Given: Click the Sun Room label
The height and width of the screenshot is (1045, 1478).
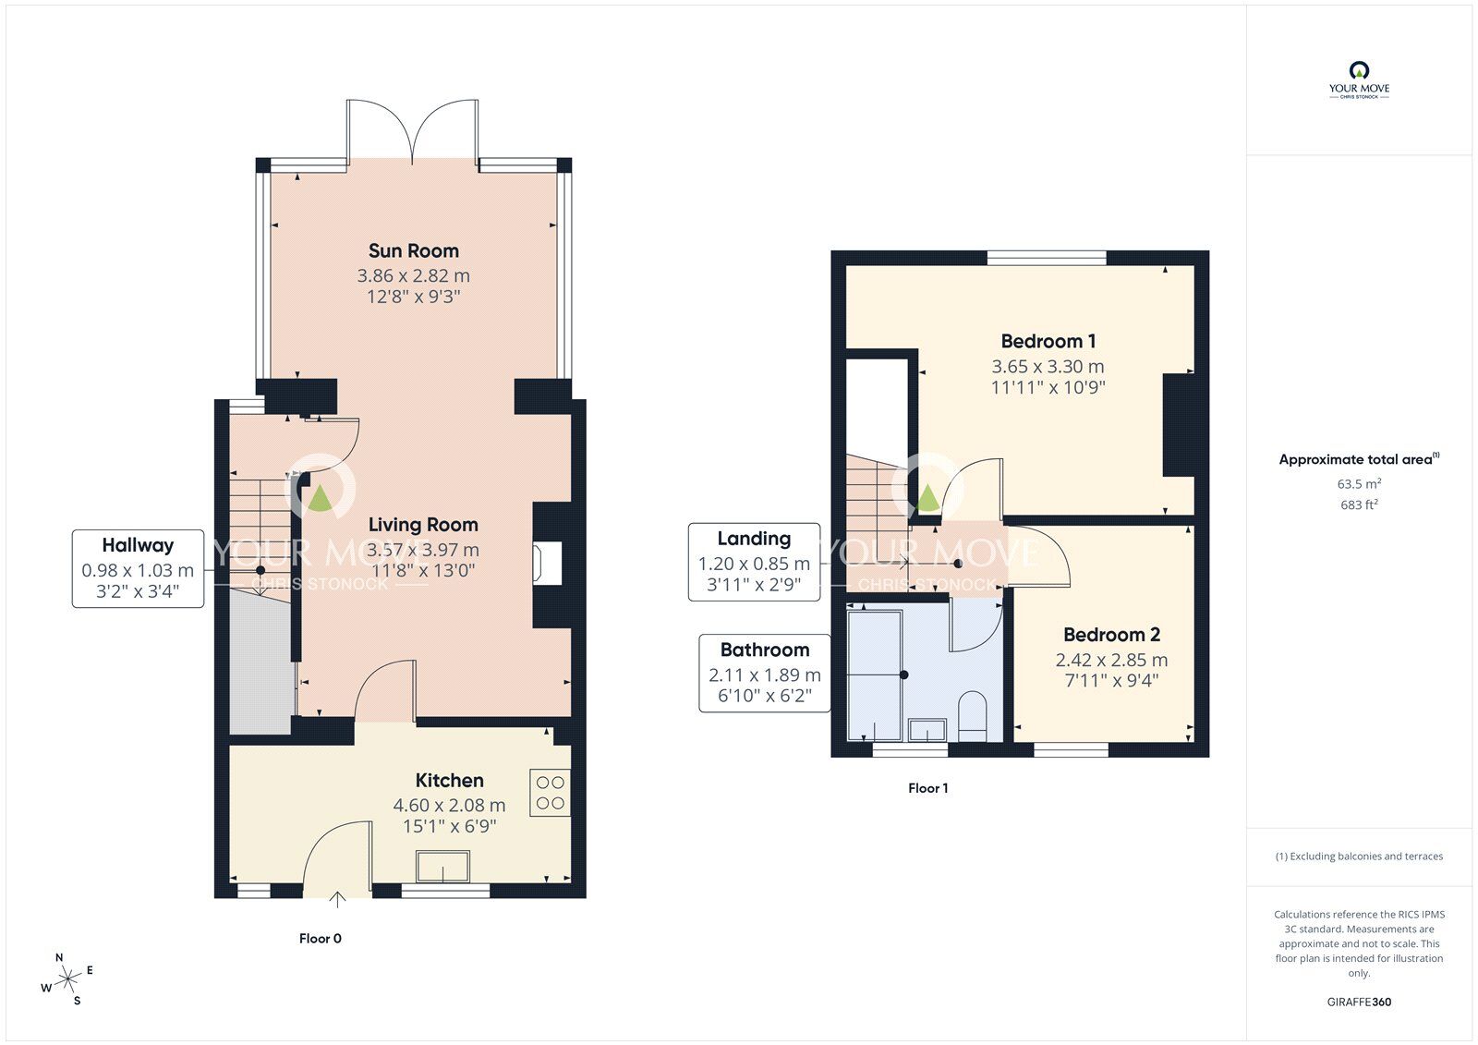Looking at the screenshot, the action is click(x=414, y=250).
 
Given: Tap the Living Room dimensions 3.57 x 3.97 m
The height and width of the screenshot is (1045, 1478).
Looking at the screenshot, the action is click(x=423, y=549).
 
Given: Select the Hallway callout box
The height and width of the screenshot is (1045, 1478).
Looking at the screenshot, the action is click(x=138, y=568).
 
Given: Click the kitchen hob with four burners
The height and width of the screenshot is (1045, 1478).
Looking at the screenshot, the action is click(x=550, y=793).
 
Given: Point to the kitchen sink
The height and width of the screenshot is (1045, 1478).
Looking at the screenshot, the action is click(x=442, y=867).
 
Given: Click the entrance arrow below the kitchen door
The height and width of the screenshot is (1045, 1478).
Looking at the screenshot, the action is click(x=337, y=900).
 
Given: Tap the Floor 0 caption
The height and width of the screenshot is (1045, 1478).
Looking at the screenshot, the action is click(x=320, y=938).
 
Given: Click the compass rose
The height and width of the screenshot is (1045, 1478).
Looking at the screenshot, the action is click(x=67, y=979).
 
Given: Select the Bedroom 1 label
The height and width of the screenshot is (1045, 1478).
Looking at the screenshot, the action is click(x=1048, y=341).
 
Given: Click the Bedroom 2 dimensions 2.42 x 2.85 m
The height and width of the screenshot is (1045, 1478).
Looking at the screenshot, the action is click(x=1112, y=660).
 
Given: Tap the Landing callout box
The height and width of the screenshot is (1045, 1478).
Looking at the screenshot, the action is click(x=754, y=562).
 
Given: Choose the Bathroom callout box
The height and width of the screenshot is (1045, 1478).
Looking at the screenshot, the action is click(x=765, y=674).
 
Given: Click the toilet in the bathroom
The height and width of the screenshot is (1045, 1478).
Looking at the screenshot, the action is click(x=972, y=715).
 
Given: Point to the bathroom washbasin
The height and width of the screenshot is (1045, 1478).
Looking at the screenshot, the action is click(x=927, y=730).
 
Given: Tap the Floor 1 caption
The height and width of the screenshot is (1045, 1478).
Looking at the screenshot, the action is click(x=927, y=788).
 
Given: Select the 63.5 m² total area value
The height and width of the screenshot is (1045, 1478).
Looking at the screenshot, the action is click(x=1359, y=484).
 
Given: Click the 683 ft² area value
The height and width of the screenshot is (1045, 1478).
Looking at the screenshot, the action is click(x=1359, y=505).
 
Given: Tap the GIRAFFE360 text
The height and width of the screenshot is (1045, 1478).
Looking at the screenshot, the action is click(x=1359, y=1002).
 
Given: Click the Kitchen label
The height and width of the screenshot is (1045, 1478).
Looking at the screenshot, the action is click(x=449, y=780).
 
